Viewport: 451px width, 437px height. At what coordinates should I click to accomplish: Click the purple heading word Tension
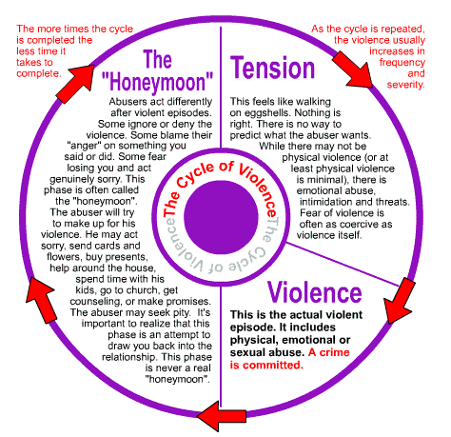[x=272, y=68]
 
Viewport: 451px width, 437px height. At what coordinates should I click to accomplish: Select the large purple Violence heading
[x=314, y=292]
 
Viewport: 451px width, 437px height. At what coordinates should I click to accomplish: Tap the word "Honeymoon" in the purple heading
[x=157, y=83]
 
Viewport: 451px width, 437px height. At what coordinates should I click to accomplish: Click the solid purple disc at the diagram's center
[x=221, y=217]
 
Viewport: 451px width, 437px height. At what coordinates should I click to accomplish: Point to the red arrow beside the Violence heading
[x=399, y=301]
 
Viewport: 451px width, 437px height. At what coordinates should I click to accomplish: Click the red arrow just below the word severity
[x=353, y=70]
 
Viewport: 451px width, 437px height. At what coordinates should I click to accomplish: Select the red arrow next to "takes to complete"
[x=76, y=84]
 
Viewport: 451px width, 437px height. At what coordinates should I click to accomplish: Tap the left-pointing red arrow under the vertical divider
[x=222, y=416]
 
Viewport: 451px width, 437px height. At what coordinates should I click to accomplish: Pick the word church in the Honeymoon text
[x=145, y=290]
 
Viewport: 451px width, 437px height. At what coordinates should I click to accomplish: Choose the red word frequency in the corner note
[x=402, y=63]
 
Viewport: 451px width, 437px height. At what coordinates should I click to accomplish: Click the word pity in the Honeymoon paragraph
[x=182, y=312]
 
